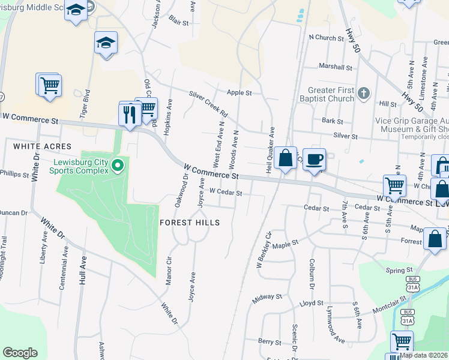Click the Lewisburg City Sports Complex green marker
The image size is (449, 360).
tap(118, 164)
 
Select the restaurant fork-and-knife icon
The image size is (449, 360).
tap(130, 113)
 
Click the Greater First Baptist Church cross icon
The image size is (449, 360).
tap(364, 93)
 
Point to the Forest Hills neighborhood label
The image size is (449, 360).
tap(190, 223)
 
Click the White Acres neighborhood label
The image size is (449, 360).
tap(42, 146)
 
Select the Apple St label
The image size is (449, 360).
tap(239, 93)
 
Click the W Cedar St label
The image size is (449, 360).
tap(225, 193)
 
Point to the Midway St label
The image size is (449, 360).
tap(267, 296)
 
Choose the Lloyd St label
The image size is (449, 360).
tap(312, 304)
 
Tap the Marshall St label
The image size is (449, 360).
tap(336, 67)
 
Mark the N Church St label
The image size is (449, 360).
tap(326, 38)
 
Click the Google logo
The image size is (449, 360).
tap(20, 353)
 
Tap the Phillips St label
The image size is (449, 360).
tap(14, 174)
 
